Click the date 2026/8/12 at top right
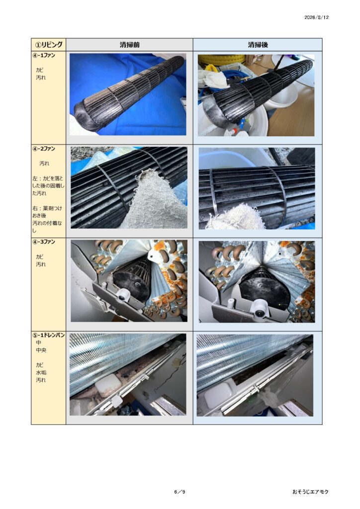(x=316, y=17)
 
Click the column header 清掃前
(x=129, y=45)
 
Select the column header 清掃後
(x=258, y=45)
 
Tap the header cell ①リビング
(x=49, y=44)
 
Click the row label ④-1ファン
(x=44, y=55)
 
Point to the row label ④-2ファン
(x=44, y=149)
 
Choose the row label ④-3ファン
(x=44, y=242)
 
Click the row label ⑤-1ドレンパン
(x=49, y=335)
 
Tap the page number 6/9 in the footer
(x=180, y=492)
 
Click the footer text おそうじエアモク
(x=310, y=492)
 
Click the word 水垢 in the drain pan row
(x=41, y=372)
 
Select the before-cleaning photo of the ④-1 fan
(x=128, y=94)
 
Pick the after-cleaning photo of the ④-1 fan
(x=256, y=95)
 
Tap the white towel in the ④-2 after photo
(x=237, y=218)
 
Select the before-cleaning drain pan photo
(x=128, y=375)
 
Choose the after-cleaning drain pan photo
(x=255, y=375)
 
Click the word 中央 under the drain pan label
(x=41, y=350)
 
